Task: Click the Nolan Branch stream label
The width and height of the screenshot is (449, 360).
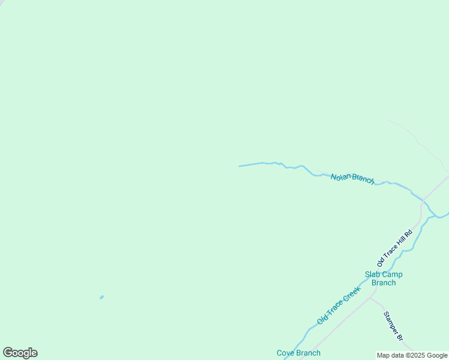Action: (x=352, y=178)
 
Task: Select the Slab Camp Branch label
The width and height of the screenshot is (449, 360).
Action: (x=384, y=278)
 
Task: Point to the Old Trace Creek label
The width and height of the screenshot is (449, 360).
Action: (x=339, y=305)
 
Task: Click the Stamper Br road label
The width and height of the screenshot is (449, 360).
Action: (x=393, y=326)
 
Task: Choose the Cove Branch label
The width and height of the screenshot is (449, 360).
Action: (x=298, y=353)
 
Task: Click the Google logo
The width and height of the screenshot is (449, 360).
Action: (x=20, y=353)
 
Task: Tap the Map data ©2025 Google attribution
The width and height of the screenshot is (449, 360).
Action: (x=412, y=355)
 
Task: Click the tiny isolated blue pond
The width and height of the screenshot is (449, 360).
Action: (x=101, y=297)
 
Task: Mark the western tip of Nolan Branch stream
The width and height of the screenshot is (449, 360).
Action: (x=240, y=166)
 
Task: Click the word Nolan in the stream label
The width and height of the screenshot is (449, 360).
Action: (x=340, y=176)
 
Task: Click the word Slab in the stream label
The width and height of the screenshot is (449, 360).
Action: (x=373, y=275)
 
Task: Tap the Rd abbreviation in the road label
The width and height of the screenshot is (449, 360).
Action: (x=409, y=232)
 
